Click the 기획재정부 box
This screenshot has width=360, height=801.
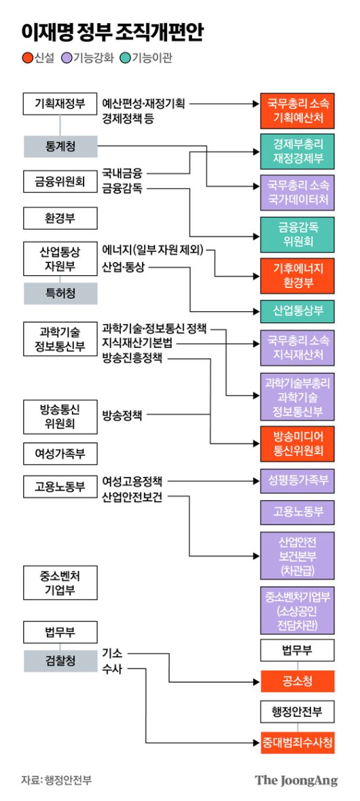[60, 103]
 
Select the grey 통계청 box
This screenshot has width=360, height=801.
[60, 146]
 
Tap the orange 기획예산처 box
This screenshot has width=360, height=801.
[297, 111]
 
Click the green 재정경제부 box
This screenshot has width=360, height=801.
[297, 152]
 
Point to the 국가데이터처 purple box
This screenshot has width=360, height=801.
[297, 192]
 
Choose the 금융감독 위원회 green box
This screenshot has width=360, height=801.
[297, 233]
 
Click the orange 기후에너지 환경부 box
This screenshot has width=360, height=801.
[297, 274]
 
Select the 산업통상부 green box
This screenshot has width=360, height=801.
[297, 311]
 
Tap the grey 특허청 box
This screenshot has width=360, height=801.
[60, 293]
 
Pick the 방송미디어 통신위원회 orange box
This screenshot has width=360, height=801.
[297, 442]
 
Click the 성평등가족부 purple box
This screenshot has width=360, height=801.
[297, 480]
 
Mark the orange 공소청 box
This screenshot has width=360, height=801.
[297, 680]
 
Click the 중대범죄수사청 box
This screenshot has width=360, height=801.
[297, 743]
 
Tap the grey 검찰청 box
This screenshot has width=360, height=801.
[60, 660]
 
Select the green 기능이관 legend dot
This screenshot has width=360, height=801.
[125, 58]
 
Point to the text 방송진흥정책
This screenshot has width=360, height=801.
[132, 358]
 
